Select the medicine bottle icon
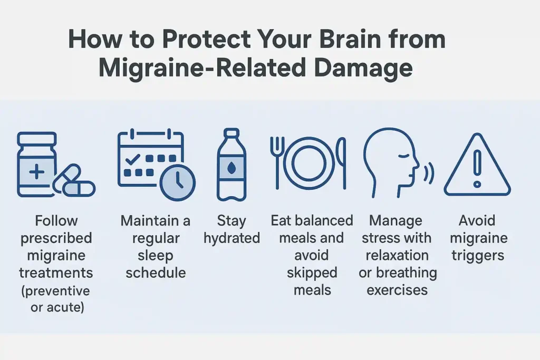click(37, 164)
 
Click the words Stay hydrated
click(232, 229)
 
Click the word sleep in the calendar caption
click(155, 256)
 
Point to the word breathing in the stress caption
click(397, 273)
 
